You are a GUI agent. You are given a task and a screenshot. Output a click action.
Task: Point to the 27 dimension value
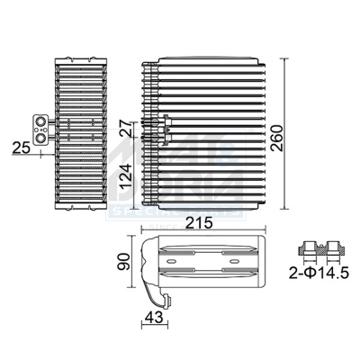click(126, 130)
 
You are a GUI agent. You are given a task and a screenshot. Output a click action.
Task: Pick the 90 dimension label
click(126, 262)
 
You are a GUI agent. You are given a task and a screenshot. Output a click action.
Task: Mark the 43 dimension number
click(155, 316)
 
